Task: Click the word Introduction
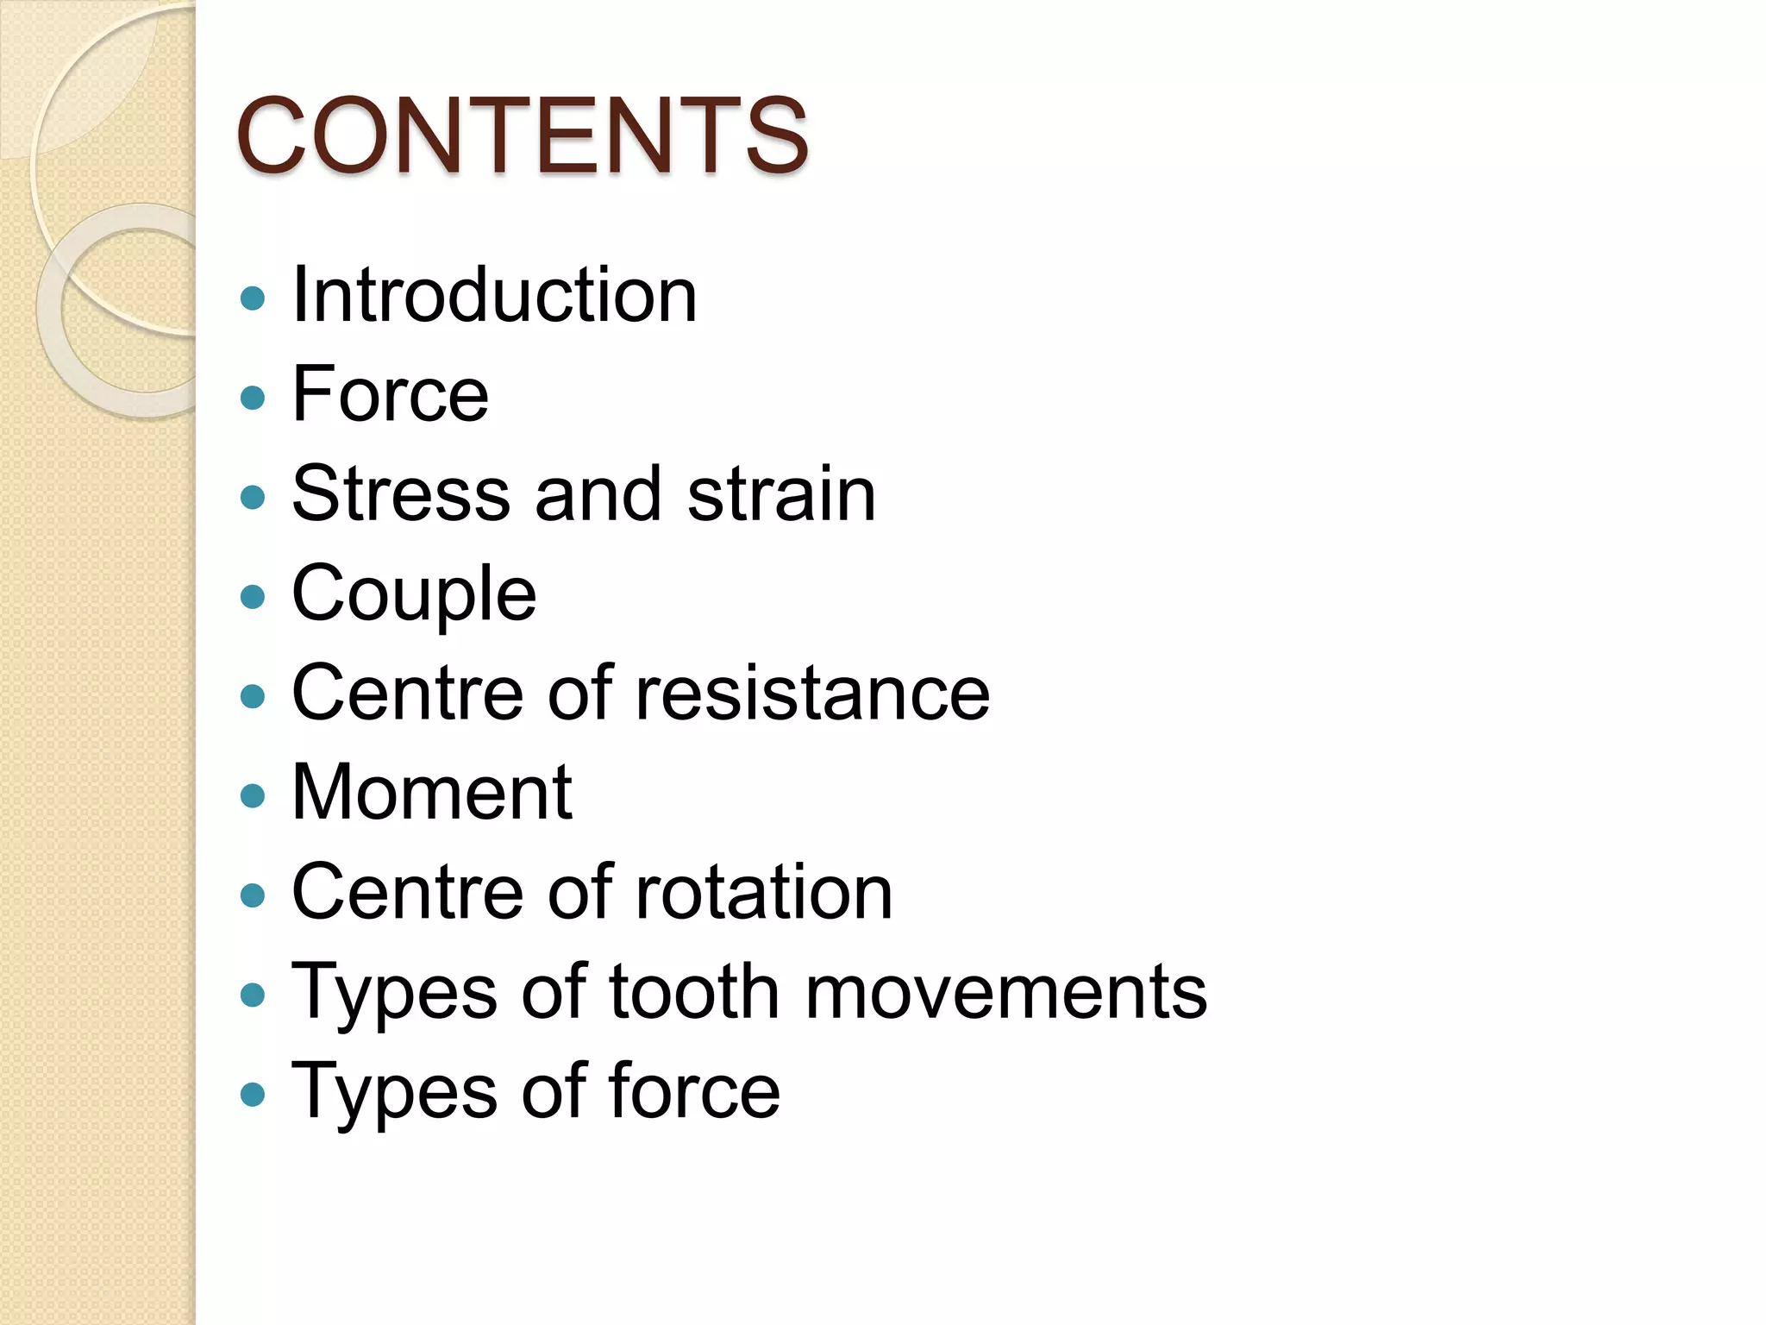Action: [494, 295]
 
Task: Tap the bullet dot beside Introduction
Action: [253, 298]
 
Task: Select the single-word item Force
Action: [390, 394]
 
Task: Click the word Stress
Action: [401, 493]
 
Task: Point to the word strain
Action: [781, 493]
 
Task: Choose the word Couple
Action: [414, 594]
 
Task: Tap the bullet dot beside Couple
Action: [253, 597]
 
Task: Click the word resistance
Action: [812, 693]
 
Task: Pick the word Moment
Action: [432, 792]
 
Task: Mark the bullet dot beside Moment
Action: [253, 795]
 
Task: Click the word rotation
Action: [763, 892]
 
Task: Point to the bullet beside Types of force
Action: [253, 1094]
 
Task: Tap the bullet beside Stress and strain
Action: [253, 497]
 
